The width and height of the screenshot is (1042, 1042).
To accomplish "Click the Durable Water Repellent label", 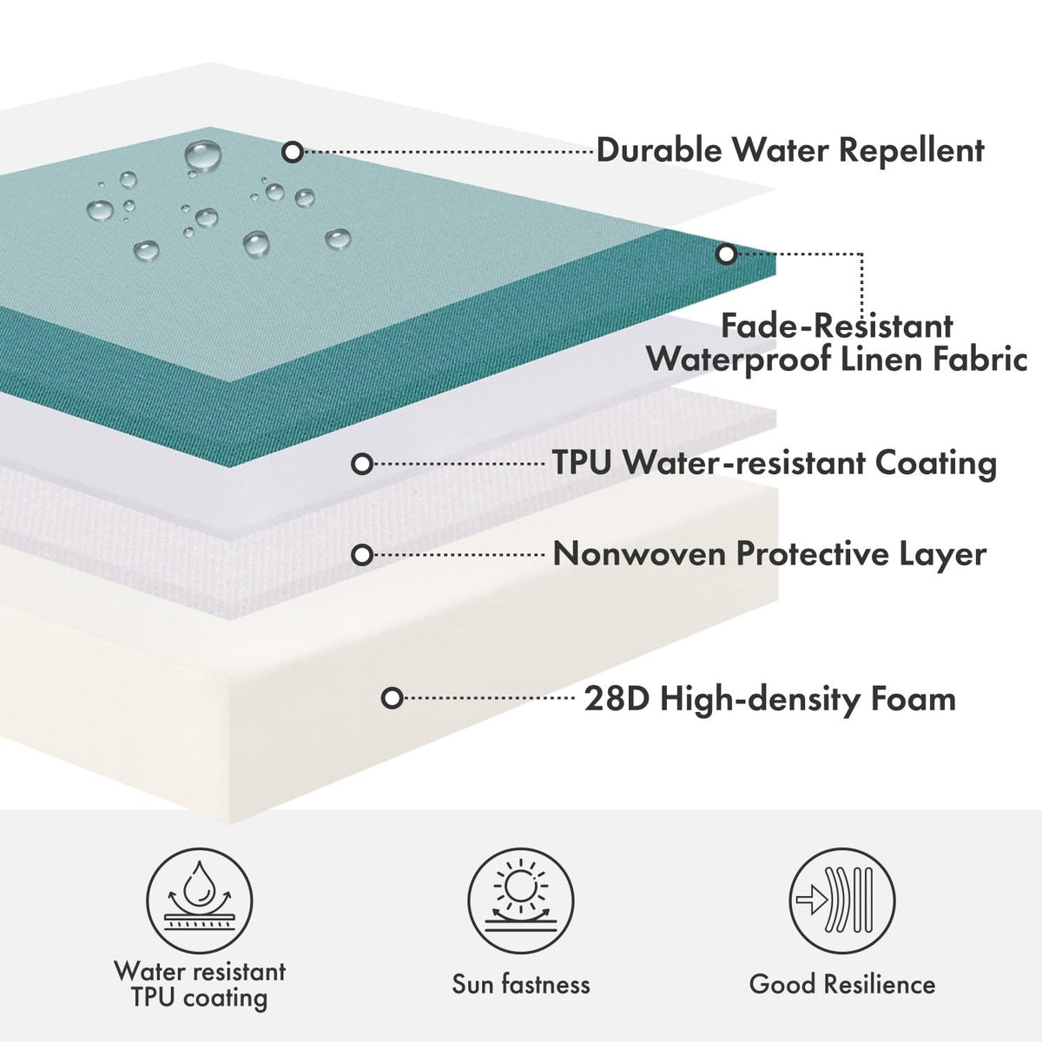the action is pos(790,149).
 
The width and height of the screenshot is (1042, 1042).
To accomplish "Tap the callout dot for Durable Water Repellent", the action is pos(293,152).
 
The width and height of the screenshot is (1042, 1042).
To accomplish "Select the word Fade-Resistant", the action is pos(836,326).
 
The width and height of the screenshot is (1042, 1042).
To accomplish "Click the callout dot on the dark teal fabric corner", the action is pos(726,254).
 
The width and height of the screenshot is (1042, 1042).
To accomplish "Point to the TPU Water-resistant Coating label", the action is pos(775,464).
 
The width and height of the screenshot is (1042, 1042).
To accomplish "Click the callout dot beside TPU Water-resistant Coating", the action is pos(362,464).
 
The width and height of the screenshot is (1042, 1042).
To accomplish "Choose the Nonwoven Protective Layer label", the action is pos(769,554).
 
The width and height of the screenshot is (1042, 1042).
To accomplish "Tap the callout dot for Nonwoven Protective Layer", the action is pos(362,555).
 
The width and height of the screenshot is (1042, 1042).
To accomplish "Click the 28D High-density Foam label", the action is pos(770,699).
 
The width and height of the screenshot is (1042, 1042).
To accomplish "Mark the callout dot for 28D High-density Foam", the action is pos(392,698).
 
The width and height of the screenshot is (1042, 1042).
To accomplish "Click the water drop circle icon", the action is pos(200,900).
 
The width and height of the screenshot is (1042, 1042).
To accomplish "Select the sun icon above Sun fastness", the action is pos(521,900).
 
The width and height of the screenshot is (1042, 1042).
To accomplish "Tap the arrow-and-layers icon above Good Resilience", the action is pos(842,900).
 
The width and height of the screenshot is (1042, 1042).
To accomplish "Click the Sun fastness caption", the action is pos(521,984).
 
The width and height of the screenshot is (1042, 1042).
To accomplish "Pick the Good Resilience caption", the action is pos(842,984).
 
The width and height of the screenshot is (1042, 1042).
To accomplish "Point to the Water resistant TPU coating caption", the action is pos(200,985).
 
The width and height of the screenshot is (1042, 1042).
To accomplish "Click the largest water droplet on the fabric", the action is pos(203,155).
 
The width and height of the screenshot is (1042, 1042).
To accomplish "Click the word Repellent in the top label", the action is pos(911,149).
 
